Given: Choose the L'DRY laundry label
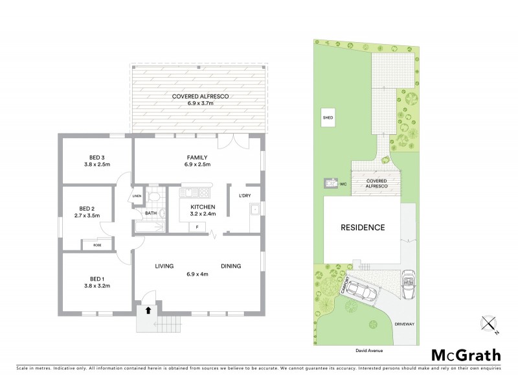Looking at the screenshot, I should [245, 196].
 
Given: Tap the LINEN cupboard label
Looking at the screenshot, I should [137, 196].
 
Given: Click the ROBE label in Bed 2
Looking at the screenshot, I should [97, 245].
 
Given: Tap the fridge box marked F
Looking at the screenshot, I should [197, 227].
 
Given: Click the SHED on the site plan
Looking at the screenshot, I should [328, 119].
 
